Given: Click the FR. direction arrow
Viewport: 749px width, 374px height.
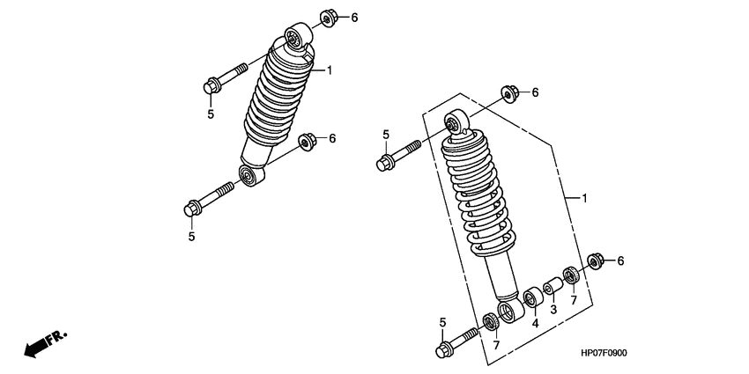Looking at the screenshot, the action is coord(46,343).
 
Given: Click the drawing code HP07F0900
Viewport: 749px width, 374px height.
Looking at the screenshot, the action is coord(604,354).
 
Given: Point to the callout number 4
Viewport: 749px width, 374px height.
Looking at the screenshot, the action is coord(536,323).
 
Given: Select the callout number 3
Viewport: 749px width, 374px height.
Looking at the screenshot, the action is coord(553,310).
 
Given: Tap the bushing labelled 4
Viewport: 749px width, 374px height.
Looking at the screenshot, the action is coord(531,298).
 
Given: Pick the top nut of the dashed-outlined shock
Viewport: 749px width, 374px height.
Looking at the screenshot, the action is coord(509,93).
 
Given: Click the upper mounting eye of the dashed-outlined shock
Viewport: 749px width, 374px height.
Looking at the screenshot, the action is coord(456,121).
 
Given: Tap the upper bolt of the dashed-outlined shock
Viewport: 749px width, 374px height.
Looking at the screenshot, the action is coord(398,156).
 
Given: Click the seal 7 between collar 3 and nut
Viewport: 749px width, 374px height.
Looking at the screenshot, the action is coord(570,275).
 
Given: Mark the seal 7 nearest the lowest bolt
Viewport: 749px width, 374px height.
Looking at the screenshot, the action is coord(491,321).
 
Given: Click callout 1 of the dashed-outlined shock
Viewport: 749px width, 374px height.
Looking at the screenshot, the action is coord(583,198).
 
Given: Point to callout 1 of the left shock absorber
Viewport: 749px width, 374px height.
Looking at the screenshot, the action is coord(330,70).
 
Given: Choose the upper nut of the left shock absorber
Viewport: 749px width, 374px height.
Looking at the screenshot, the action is coord(328,18).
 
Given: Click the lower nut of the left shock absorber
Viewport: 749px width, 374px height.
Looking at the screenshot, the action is coord(308,142).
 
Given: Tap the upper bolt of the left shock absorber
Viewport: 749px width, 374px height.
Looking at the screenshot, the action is coord(226,78).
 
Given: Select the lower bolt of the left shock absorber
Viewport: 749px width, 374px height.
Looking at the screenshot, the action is coord(209,199).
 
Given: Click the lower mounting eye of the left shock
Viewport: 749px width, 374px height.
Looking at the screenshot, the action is coord(252,175).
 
